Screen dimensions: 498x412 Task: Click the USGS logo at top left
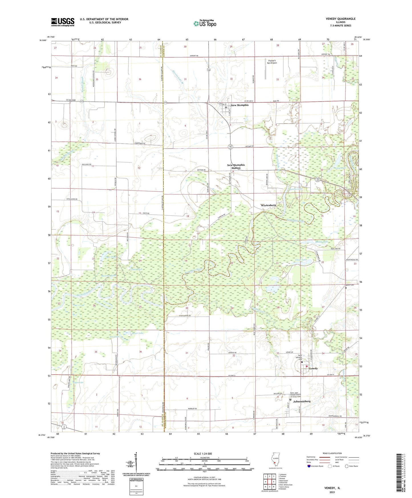(x=63, y=22)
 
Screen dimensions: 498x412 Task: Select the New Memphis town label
(x=240, y=105)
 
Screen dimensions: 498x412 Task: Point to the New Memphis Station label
(x=236, y=166)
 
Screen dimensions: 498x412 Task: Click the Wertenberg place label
(x=268, y=205)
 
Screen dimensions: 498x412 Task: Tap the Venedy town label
(x=313, y=368)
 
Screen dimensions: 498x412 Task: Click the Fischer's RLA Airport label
(x=272, y=62)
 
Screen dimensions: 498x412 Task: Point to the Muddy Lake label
(x=322, y=242)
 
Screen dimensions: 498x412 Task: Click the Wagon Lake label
(x=78, y=382)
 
